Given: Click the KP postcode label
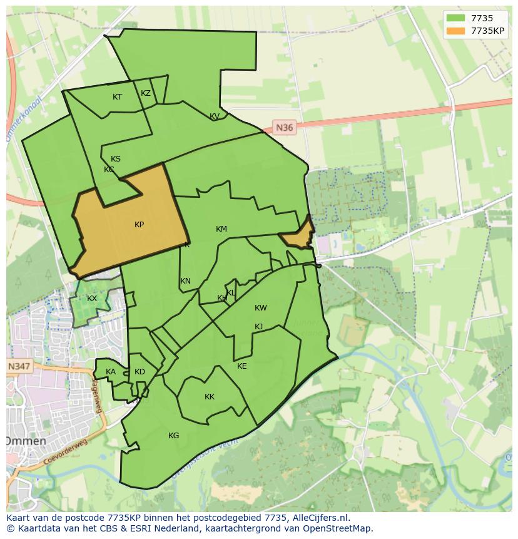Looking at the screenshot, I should point(139,225).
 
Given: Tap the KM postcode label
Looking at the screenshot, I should point(221,229).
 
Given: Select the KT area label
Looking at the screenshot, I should point(117,97).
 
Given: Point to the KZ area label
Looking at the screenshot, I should point(146,93).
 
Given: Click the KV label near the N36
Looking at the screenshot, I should point(215,116).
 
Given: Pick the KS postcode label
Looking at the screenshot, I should point(116,159).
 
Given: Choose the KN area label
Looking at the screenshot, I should point(185,281).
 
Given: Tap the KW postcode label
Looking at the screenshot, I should point(261,308).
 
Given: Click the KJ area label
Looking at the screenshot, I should point(259,327).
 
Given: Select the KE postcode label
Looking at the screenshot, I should point(242,366).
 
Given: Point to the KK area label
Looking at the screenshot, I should point(210,397).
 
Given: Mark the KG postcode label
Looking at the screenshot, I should point(173,436).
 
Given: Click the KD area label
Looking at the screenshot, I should point(140,372).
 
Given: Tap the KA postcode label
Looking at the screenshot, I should point(111,372).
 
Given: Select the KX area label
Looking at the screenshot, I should point(92,299).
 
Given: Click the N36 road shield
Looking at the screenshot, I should point(284,128).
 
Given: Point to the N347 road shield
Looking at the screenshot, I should point(19,366).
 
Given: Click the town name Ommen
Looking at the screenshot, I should point(26,441).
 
